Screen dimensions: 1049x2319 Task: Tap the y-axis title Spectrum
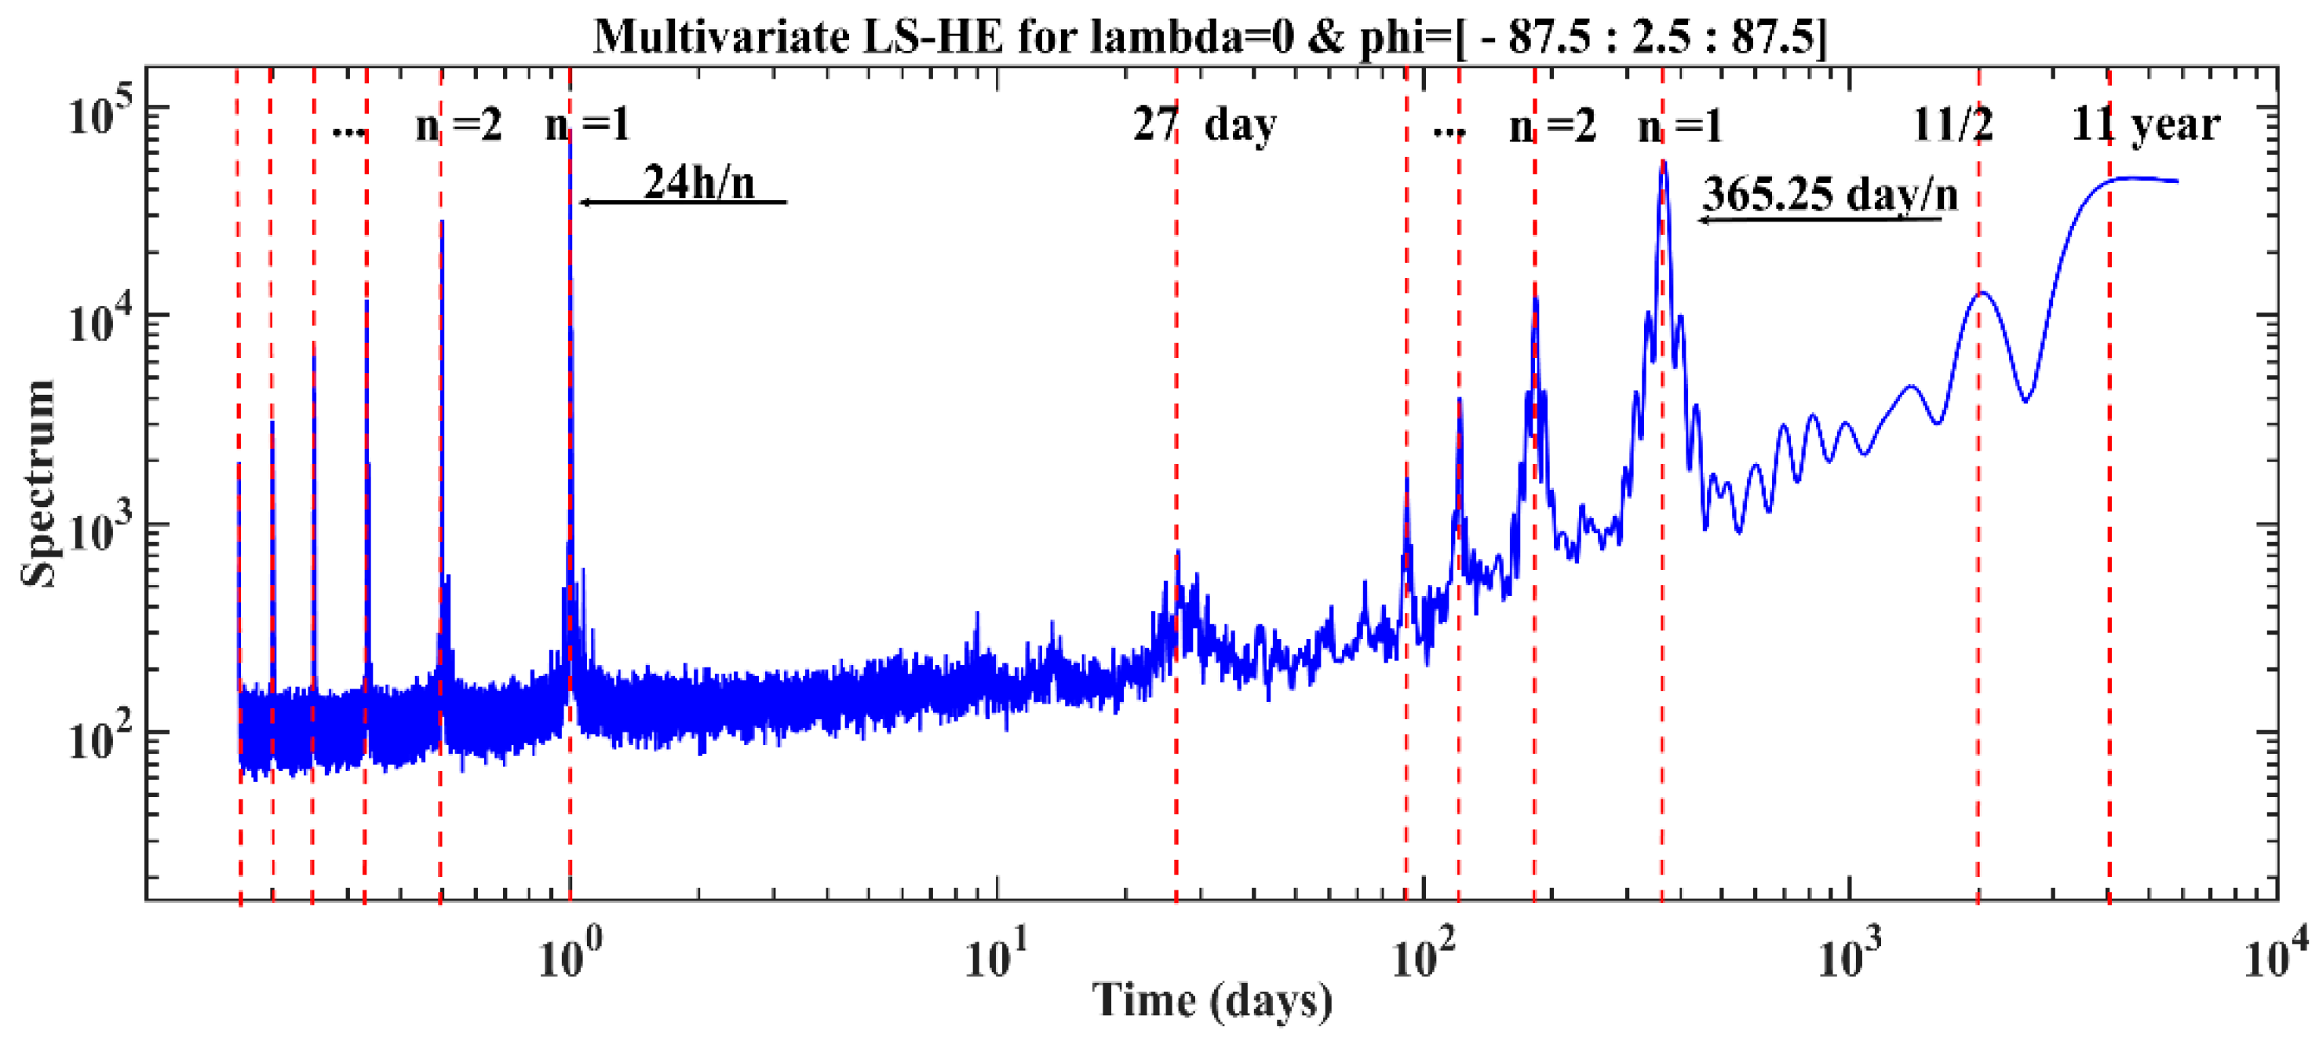[38, 484]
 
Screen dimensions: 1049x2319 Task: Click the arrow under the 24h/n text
[684, 203]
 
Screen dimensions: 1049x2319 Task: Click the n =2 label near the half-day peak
[458, 126]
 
